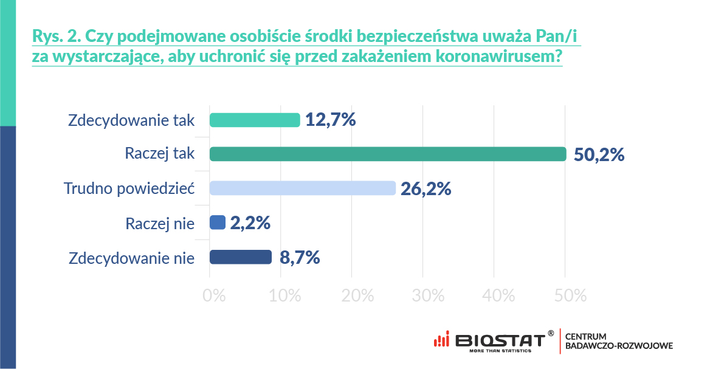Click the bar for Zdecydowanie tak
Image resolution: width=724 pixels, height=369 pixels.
(255, 120)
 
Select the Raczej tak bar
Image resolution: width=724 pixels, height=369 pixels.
(388, 154)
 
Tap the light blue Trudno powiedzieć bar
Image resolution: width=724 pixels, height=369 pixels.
(302, 188)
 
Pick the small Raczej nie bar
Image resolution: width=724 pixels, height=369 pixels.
(218, 222)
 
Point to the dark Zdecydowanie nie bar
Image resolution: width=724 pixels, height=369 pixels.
(241, 257)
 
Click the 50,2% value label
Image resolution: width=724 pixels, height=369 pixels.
(599, 155)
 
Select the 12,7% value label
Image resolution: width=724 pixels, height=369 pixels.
(330, 120)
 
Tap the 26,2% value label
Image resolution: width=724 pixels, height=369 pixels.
(426, 189)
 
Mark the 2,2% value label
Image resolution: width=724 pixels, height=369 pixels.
(250, 223)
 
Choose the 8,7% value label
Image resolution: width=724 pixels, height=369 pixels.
(300, 258)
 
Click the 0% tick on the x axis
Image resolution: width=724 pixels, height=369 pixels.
(214, 296)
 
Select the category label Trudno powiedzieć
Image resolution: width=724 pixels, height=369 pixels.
(129, 188)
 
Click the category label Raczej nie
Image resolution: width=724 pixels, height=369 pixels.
(160, 223)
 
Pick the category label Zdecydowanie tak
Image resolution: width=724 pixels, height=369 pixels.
(131, 120)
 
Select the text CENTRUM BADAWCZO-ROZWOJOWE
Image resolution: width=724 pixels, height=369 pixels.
(618, 341)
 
